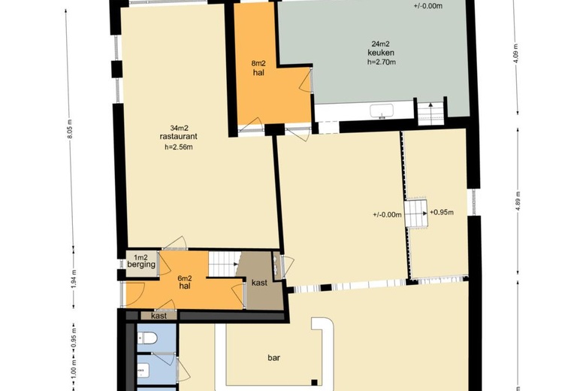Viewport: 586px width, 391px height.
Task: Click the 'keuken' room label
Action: [381, 53]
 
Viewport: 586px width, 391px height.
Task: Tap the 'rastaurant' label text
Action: [178, 137]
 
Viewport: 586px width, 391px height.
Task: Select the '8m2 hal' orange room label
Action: [258, 68]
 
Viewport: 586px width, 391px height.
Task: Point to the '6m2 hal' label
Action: [185, 282]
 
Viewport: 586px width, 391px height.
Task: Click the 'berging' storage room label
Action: [141, 265]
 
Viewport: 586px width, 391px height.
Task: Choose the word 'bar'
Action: [273, 358]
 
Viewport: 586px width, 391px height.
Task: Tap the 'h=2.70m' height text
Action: [381, 62]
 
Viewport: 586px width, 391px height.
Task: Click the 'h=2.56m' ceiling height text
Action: [179, 147]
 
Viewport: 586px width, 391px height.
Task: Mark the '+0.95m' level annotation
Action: [442, 213]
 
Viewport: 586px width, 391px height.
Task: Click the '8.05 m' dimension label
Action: [70, 129]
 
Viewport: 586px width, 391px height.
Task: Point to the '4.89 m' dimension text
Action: [518, 202]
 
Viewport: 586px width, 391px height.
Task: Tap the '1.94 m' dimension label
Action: [74, 279]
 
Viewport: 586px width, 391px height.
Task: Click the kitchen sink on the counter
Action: [382, 111]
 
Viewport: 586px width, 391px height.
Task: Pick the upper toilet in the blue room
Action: [147, 338]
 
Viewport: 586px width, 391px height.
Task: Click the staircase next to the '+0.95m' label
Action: [416, 214]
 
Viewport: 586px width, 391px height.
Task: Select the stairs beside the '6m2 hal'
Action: [223, 264]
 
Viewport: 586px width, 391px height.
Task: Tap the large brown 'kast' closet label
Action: [259, 283]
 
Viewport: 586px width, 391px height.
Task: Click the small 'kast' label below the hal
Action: [159, 316]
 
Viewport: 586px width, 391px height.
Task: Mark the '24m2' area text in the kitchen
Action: [381, 44]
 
